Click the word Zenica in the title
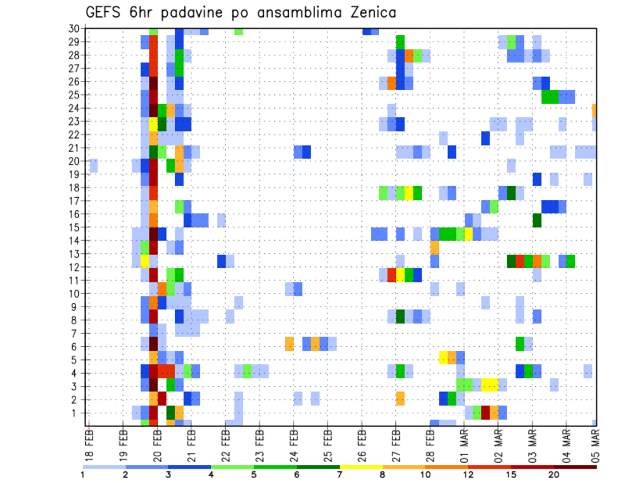point(365,12)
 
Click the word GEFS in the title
point(107,12)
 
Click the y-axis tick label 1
point(76,413)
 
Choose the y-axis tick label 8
point(76,320)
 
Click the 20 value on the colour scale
point(554,474)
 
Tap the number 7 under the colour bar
point(340,474)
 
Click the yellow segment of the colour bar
point(361,466)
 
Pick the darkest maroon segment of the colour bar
point(576,466)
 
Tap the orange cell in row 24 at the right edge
point(594,109)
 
